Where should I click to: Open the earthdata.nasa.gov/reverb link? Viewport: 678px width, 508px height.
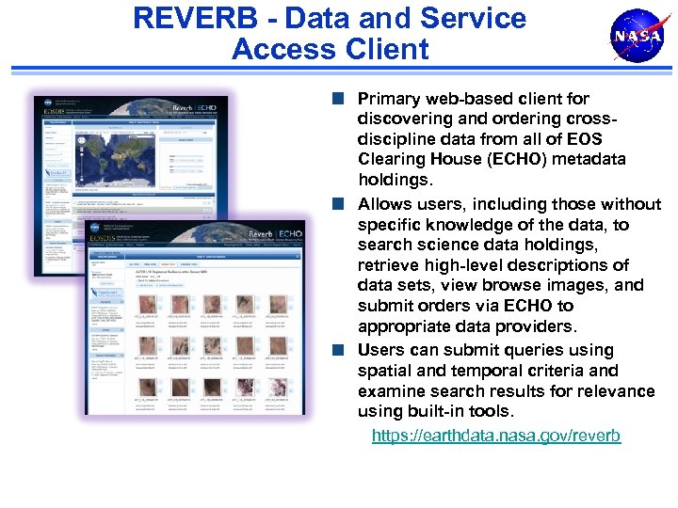point(496,436)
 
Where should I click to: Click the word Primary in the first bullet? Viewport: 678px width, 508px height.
point(391,99)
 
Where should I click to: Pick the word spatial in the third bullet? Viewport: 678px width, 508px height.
point(385,371)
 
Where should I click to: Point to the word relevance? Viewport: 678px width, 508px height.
point(616,390)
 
